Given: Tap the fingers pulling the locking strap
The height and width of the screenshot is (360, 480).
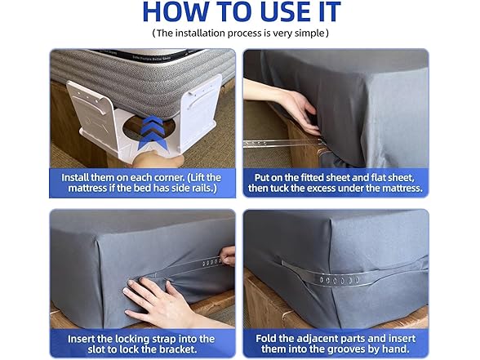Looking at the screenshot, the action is [x=229, y=256].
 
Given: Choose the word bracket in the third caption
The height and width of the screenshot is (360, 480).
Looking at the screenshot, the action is [x=178, y=349].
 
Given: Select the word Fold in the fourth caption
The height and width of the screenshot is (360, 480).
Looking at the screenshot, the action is [x=266, y=339].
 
